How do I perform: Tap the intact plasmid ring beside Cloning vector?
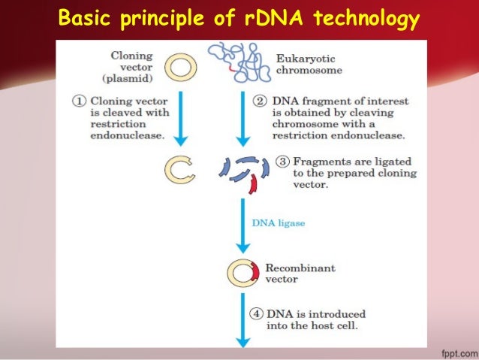(x=179, y=68)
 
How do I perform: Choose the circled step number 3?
(x=282, y=161)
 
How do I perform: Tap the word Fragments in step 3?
(x=318, y=161)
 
